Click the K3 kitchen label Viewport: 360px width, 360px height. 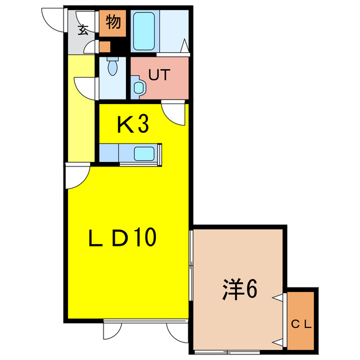133,124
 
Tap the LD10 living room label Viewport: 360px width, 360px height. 123,237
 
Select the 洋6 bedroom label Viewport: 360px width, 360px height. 240,289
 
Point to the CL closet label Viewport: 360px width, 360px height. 301,325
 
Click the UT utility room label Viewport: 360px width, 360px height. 159,75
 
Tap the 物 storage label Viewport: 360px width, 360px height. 114,22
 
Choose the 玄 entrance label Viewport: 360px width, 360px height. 83,30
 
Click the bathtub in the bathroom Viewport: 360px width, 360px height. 144,31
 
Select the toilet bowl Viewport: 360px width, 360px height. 112,66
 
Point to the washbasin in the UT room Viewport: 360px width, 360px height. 138,88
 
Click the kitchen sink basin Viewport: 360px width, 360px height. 144,154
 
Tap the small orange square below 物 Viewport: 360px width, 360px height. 105,47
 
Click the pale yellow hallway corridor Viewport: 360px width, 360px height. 82,108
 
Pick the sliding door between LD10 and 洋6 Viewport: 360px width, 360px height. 191,265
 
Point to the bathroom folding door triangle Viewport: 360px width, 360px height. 185,46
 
